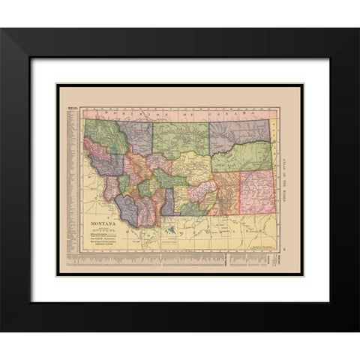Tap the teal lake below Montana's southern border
click(173, 228)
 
